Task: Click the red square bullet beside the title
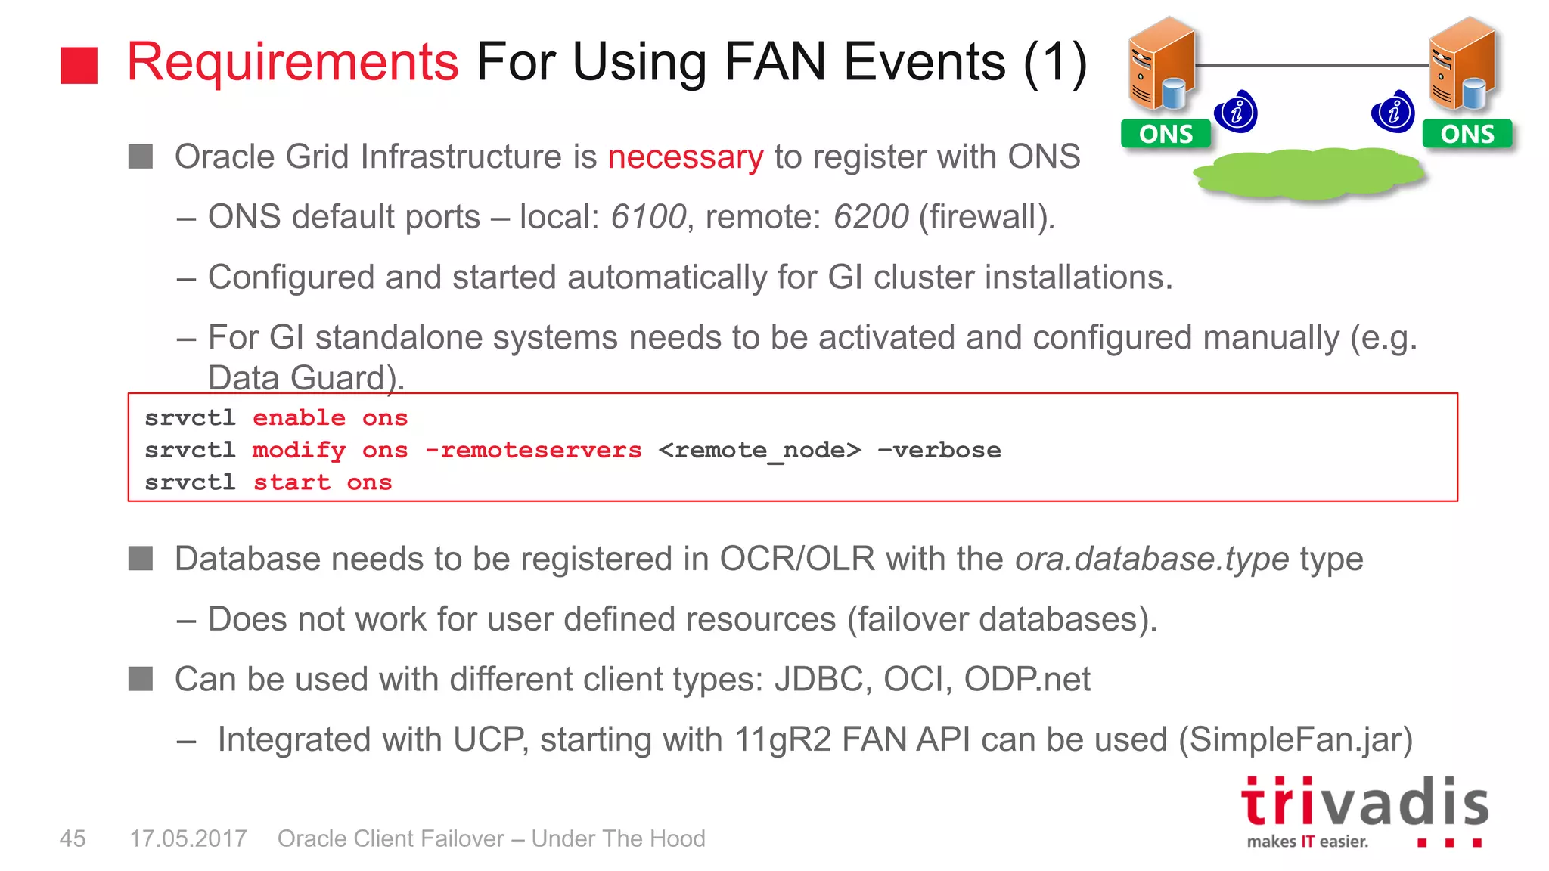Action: point(79,65)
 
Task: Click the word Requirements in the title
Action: point(293,62)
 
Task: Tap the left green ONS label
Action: point(1166,134)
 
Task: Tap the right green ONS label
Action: point(1467,134)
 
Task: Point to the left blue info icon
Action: point(1236,113)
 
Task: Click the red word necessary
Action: point(685,157)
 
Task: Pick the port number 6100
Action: point(648,218)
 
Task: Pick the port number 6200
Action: point(871,218)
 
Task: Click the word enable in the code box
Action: point(299,418)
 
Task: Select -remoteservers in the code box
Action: point(533,451)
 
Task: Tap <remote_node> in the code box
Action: point(759,451)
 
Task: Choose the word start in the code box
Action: point(292,483)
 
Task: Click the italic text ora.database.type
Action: point(1151,559)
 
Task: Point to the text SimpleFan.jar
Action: point(1296,740)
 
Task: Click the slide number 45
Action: point(73,838)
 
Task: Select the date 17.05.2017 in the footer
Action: point(188,838)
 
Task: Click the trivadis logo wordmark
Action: point(1364,802)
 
